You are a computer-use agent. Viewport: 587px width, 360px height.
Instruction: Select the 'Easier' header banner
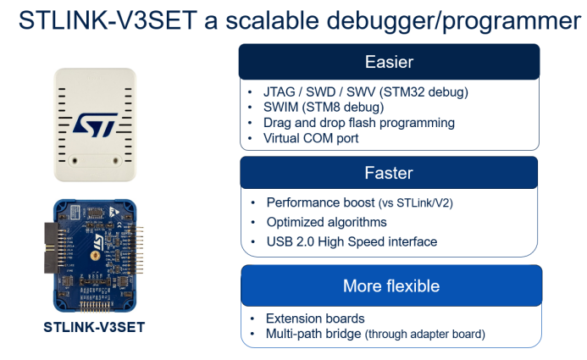click(389, 62)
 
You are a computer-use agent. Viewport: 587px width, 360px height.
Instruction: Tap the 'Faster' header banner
click(389, 173)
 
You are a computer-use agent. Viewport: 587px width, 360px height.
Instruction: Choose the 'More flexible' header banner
click(390, 285)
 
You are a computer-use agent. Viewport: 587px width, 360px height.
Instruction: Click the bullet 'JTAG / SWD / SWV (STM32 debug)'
click(365, 91)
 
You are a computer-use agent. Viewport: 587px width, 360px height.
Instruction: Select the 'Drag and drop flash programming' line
click(358, 123)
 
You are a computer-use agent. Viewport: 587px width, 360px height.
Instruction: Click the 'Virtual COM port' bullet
click(311, 138)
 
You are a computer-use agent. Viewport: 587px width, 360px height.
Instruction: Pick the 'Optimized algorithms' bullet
click(326, 222)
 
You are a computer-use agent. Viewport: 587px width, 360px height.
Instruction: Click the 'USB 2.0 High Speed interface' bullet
click(352, 241)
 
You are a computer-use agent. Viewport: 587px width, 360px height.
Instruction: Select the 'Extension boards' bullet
click(315, 318)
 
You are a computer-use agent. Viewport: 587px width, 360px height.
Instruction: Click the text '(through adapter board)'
click(425, 335)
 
